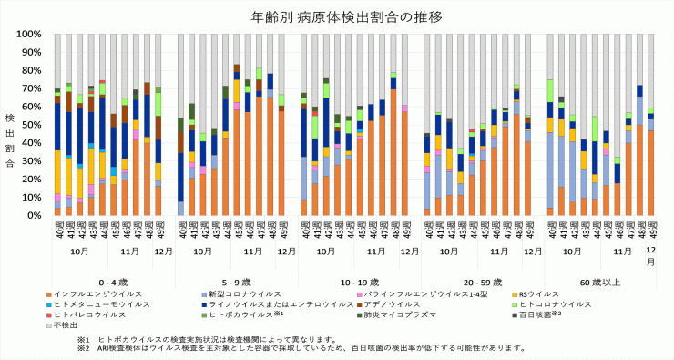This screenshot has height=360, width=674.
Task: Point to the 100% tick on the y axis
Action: click(x=28, y=35)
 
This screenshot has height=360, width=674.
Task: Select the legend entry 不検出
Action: click(x=67, y=325)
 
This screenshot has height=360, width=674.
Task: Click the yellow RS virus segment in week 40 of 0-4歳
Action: click(x=57, y=172)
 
